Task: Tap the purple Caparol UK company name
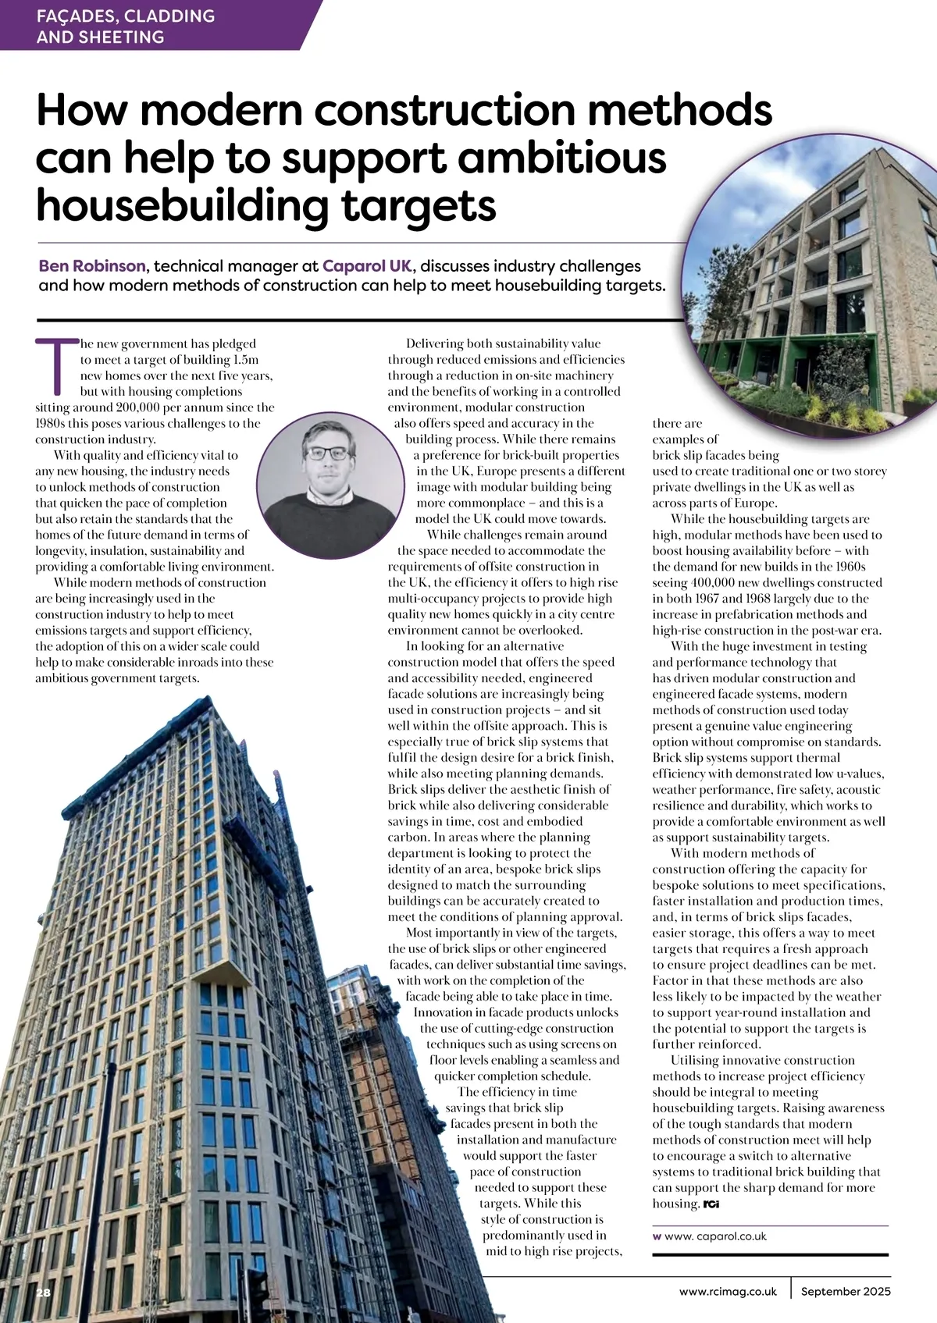pyautogui.click(x=366, y=265)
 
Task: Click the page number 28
pyautogui.click(x=43, y=1293)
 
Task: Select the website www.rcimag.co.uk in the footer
pyautogui.click(x=728, y=1291)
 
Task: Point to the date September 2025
pyautogui.click(x=845, y=1291)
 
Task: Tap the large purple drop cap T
pyautogui.click(x=56, y=365)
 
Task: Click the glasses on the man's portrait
pyautogui.click(x=327, y=453)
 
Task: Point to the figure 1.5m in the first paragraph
pyautogui.click(x=245, y=360)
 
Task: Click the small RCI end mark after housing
pyautogui.click(x=711, y=1204)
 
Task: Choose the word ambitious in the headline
pyautogui.click(x=562, y=157)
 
